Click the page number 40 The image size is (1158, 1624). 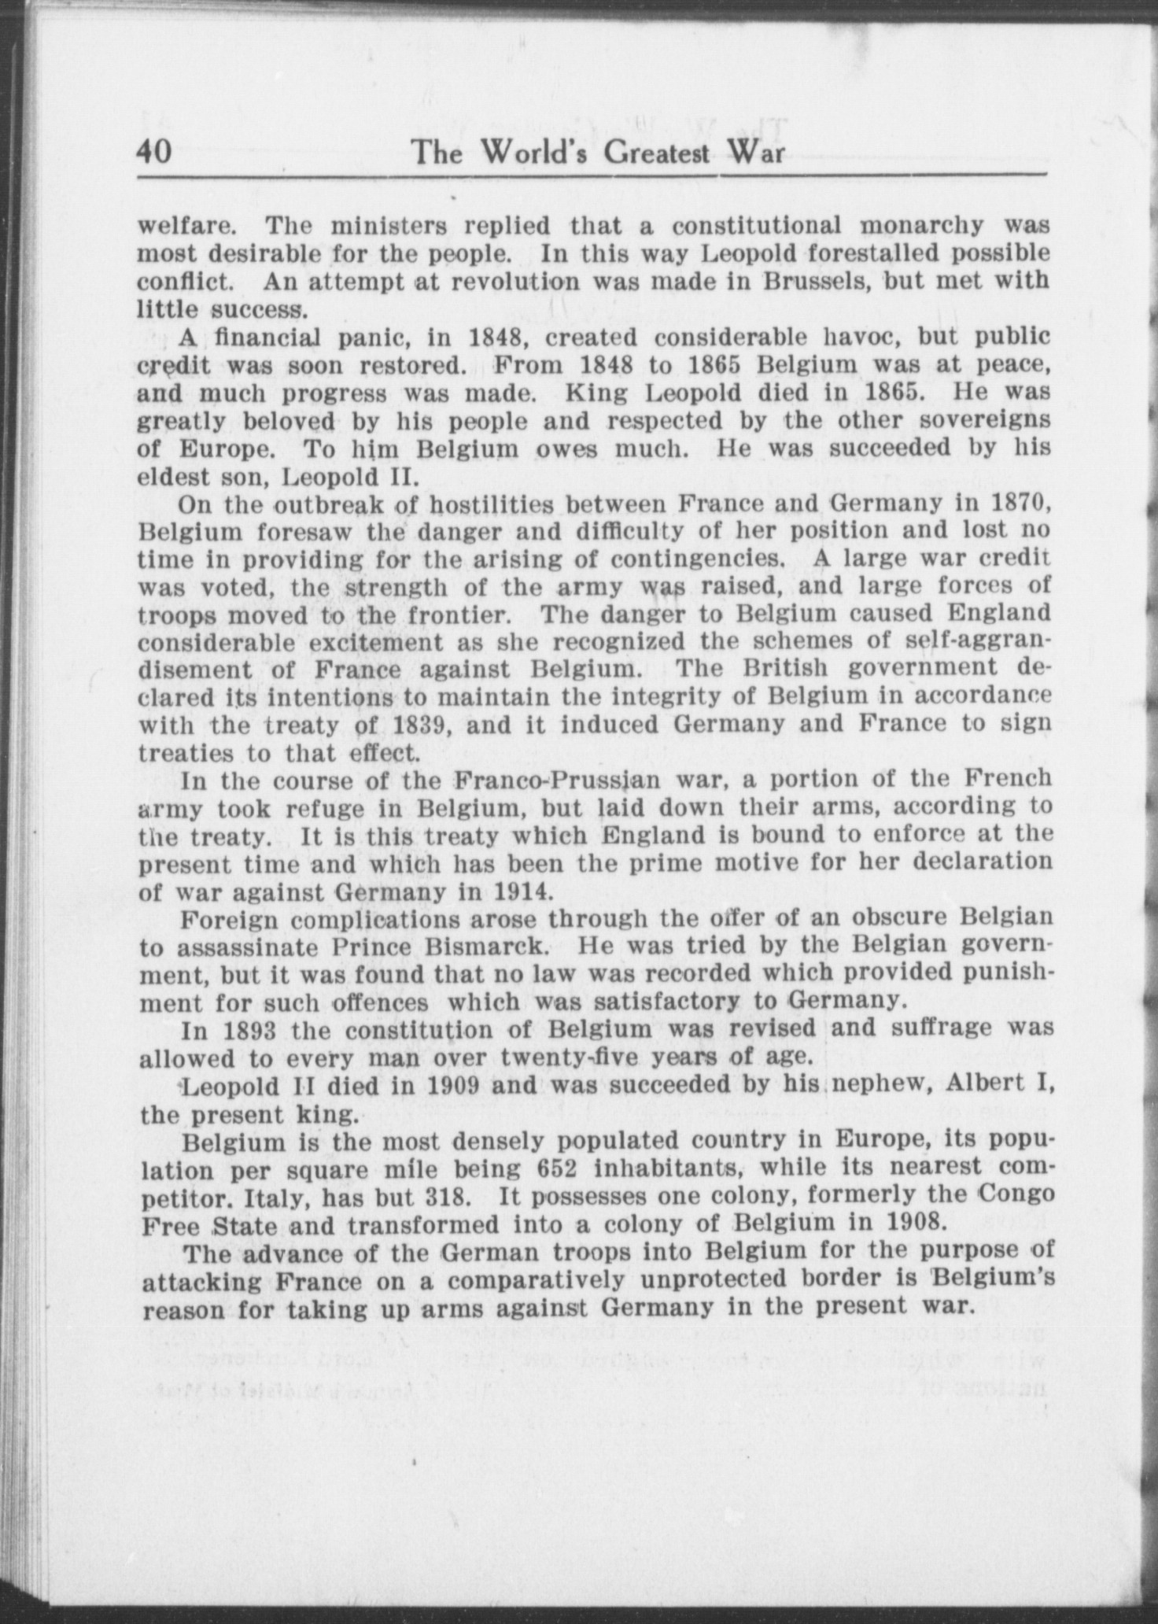point(154,150)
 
